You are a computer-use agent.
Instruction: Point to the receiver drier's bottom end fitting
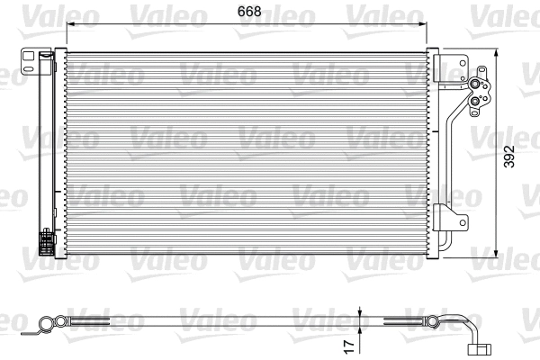[45, 244]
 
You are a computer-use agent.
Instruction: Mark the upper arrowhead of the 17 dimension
[360, 312]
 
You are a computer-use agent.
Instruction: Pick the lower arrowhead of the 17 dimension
[360, 327]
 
